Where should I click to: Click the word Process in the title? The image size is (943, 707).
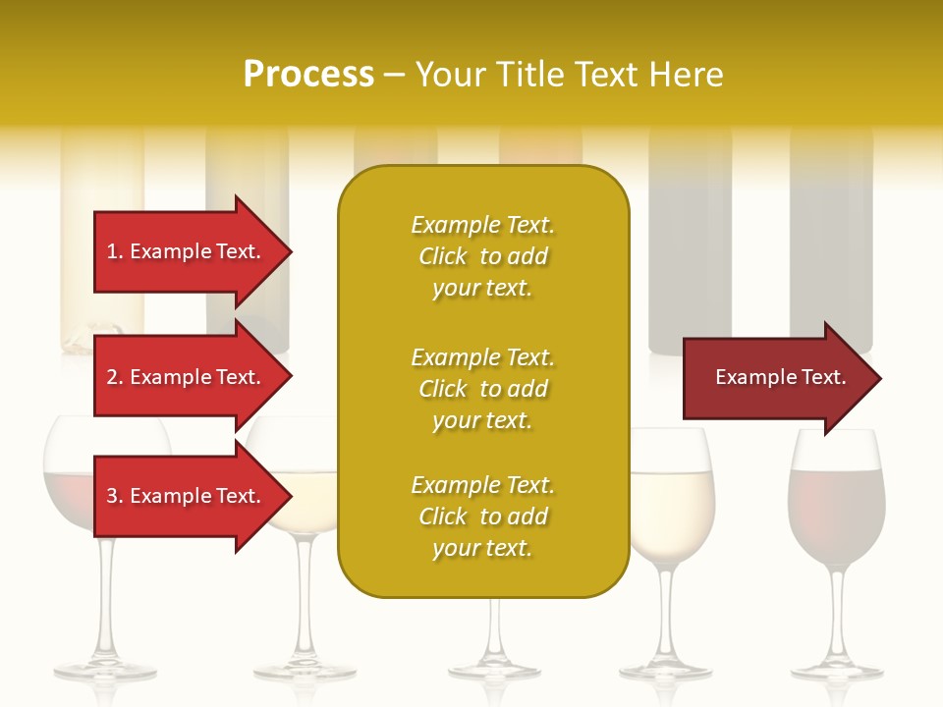pos(308,75)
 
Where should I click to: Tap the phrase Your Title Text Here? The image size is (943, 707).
pos(569,75)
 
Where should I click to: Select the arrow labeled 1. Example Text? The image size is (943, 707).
pos(187,251)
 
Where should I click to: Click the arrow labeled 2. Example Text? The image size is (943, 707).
pos(187,377)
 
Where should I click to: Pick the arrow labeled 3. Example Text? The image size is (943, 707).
pos(187,496)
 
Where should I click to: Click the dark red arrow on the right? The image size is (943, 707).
pos(776,377)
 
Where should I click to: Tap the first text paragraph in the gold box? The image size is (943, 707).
pos(482,256)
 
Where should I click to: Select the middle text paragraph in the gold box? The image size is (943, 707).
pos(482,389)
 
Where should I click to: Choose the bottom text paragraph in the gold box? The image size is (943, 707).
pos(482,517)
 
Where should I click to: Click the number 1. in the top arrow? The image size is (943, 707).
pos(115,251)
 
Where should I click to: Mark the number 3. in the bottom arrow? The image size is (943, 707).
pos(115,496)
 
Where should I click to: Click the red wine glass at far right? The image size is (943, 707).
pos(836,511)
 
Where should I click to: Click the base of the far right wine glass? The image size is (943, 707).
pos(837,672)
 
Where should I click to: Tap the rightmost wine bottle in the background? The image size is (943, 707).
pos(831,245)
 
